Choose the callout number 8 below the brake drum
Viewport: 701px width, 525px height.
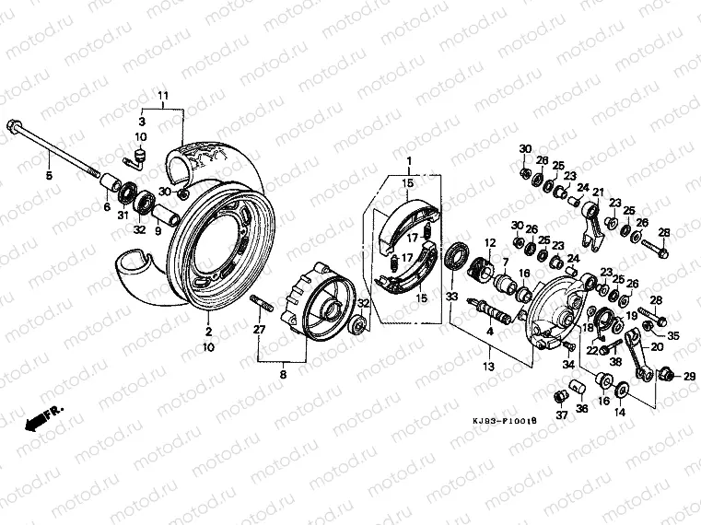pyautogui.click(x=284, y=374)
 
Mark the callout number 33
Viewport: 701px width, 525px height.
pyautogui.click(x=451, y=296)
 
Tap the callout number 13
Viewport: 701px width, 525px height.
pyautogui.click(x=488, y=366)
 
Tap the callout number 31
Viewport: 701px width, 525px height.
pyautogui.click(x=123, y=216)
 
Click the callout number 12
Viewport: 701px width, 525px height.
pyautogui.click(x=490, y=243)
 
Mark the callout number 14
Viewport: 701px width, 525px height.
pyautogui.click(x=620, y=413)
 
